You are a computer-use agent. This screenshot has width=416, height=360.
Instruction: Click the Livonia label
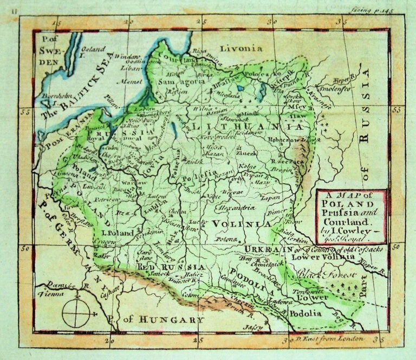[237, 48]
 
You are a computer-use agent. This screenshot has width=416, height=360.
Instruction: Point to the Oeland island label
[94, 50]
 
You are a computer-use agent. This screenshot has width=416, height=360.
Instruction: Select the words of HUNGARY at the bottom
[158, 319]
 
